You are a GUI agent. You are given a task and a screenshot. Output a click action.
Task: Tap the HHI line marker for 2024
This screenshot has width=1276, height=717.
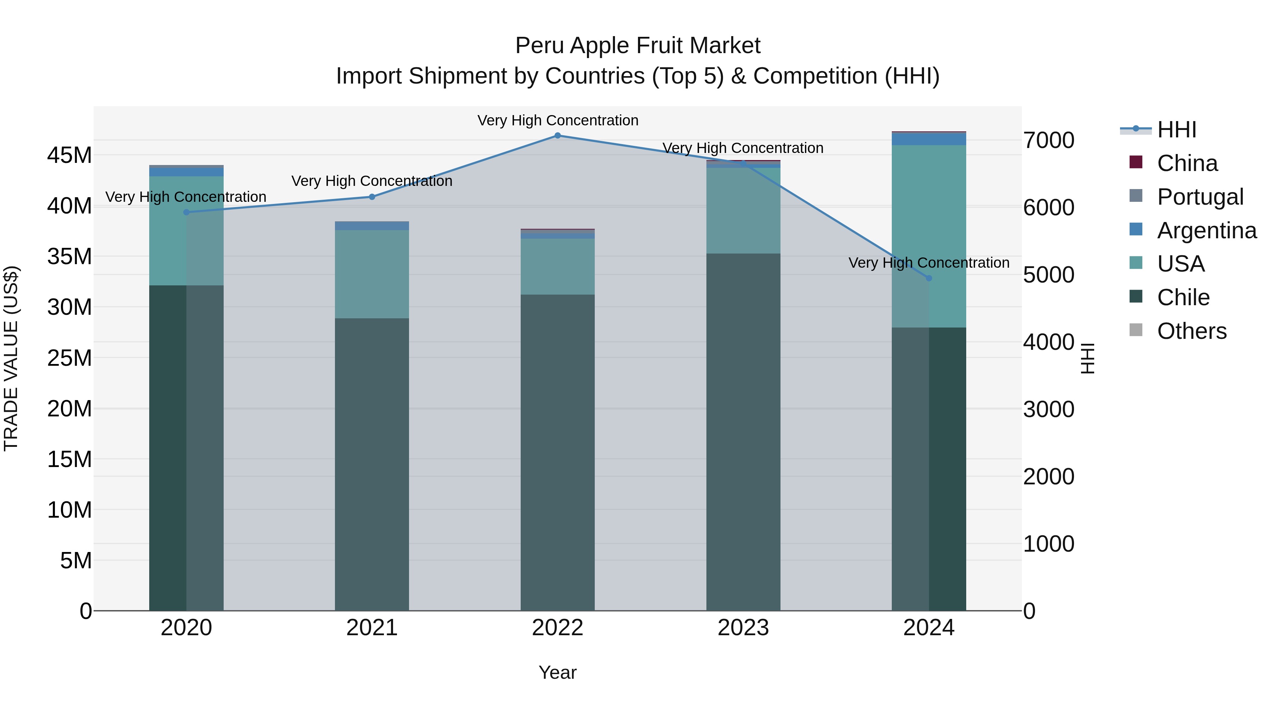[x=929, y=278]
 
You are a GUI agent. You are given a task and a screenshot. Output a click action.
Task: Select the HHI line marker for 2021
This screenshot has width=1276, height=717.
[x=372, y=197]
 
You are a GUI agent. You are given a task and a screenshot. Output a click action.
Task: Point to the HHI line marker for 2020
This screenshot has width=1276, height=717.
[x=186, y=212]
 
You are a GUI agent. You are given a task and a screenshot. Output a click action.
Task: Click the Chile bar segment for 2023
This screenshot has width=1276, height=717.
[x=743, y=431]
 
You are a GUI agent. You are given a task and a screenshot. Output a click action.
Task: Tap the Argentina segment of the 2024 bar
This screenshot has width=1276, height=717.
[x=929, y=139]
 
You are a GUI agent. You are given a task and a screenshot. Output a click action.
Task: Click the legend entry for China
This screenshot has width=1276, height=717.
[x=1187, y=163]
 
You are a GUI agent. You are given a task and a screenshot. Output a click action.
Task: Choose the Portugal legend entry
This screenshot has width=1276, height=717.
[x=1200, y=197]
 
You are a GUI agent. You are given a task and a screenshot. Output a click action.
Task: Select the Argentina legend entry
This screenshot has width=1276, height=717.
[x=1206, y=231]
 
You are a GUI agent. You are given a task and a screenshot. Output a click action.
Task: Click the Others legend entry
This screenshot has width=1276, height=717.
[x=1191, y=331]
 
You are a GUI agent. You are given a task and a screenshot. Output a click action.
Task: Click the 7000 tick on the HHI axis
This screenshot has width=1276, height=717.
[x=1049, y=141]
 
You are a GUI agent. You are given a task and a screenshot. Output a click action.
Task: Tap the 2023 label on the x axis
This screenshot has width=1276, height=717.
[x=743, y=628]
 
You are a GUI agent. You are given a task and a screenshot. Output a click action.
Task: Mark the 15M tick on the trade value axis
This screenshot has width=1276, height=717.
[x=69, y=459]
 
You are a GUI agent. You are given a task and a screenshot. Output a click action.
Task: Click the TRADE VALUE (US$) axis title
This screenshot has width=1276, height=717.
[x=11, y=358]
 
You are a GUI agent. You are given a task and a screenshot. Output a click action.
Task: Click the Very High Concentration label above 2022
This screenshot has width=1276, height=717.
[x=558, y=120]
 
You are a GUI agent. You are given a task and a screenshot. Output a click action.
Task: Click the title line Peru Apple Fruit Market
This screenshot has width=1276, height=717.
[x=638, y=46]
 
